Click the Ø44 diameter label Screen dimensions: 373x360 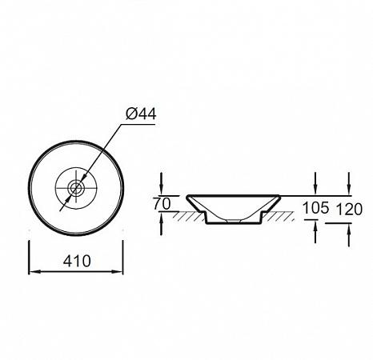pyautogui.click(x=141, y=114)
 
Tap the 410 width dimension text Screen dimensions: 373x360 pyautogui.click(x=77, y=261)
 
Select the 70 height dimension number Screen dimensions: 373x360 pyautogui.click(x=162, y=204)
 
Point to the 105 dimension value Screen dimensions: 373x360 pyautogui.click(x=315, y=208)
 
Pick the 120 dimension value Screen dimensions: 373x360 pyautogui.click(x=349, y=210)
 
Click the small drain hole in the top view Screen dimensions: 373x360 pyautogui.click(x=76, y=188)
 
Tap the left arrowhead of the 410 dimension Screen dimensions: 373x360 pyautogui.click(x=34, y=272)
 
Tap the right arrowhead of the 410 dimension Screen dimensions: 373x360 pyautogui.click(x=118, y=272)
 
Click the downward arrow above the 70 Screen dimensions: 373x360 pyautogui.click(x=161, y=184)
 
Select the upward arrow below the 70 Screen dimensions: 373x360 pyautogui.click(x=161, y=223)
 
